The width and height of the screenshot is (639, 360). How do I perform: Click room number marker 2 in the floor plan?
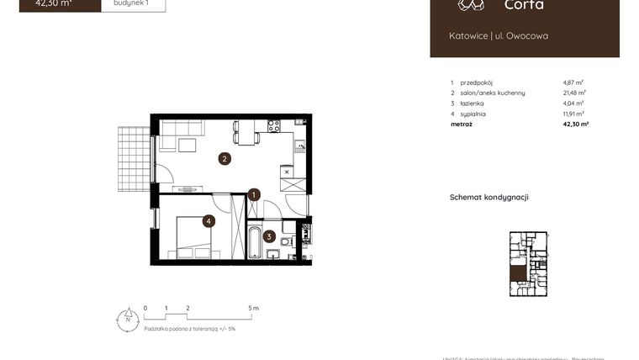coord(224,158)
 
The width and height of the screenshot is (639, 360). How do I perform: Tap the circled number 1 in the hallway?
coord(254,195)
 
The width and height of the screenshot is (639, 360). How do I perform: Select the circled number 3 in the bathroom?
coord(269,236)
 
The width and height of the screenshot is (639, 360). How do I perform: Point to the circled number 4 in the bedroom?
coord(209,221)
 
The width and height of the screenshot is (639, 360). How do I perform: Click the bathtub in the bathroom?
coord(253,241)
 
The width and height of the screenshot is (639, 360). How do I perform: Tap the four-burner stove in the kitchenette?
coord(273,126)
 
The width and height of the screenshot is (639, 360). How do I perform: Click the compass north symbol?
coord(127,318)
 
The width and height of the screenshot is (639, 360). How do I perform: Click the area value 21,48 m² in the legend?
coord(575,93)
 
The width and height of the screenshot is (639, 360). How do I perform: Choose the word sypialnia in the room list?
coord(473,114)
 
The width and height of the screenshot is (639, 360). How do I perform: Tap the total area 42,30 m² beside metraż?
coord(576,124)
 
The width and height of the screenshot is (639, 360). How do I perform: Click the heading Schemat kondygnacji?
coord(489,198)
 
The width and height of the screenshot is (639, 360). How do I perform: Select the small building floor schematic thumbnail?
coord(528,264)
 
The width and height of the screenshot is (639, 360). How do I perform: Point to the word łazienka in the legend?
coord(473,103)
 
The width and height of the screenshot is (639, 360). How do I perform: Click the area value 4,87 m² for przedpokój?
coord(573,82)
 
